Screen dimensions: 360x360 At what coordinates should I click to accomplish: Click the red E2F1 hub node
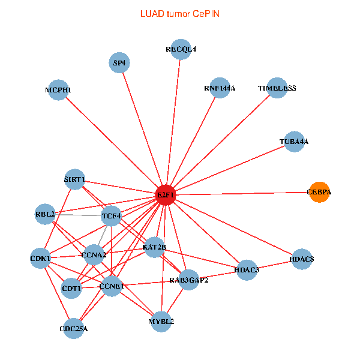tap(165, 194)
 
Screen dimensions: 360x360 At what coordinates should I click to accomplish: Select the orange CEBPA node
tap(319, 192)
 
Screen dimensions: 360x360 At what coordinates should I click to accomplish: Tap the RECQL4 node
tap(181, 50)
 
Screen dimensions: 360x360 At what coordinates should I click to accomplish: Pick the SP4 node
tap(120, 62)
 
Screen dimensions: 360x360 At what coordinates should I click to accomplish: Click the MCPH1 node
tap(58, 90)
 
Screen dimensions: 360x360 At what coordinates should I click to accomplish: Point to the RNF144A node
tap(220, 88)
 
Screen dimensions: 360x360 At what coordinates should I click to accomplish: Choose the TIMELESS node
tap(277, 88)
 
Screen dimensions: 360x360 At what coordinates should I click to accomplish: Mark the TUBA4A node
tap(294, 142)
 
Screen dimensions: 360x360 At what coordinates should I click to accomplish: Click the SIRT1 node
tap(75, 179)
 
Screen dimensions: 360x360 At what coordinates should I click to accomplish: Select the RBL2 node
tap(46, 214)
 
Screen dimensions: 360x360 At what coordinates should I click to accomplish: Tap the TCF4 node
tap(112, 215)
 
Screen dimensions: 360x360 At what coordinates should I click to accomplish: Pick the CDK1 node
tap(41, 259)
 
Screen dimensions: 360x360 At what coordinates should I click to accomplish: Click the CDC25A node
tap(74, 328)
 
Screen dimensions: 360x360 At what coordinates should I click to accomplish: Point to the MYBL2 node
tap(161, 321)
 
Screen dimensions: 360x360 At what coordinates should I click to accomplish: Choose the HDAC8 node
tap(301, 259)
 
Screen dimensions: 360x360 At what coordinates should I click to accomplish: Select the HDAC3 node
tap(247, 269)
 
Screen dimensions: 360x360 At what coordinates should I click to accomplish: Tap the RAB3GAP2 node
tap(188, 280)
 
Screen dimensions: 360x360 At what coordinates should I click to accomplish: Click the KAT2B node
tap(155, 247)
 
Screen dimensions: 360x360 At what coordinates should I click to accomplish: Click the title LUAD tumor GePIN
tap(179, 13)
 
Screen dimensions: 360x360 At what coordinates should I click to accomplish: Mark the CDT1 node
tap(71, 289)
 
